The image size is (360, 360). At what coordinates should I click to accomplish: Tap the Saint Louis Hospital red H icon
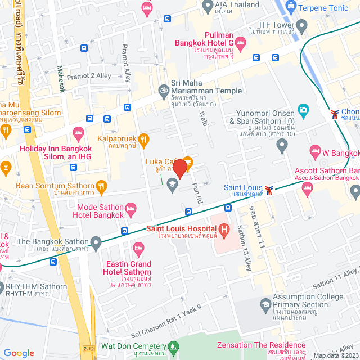coord(224,229)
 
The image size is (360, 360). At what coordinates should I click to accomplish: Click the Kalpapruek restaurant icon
coord(144,138)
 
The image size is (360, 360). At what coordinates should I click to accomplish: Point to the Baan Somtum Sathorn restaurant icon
coord(101,186)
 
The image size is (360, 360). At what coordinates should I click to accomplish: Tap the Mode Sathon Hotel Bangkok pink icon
coord(130,209)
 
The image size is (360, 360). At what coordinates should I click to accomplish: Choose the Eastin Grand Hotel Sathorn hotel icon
coord(138,247)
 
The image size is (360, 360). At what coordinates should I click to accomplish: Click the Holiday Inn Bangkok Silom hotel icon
coord(78,134)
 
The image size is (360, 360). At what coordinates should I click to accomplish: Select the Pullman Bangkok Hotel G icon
coord(240,43)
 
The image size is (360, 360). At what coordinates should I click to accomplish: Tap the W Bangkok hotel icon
coord(315,151)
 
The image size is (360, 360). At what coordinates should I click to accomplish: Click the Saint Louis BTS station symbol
coord(270,190)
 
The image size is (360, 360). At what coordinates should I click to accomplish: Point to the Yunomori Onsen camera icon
coord(303,109)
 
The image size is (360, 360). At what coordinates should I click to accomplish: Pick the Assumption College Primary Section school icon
coord(265,304)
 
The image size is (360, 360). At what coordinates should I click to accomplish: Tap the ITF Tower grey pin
coord(302,25)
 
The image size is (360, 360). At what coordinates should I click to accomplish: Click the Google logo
coord(19,353)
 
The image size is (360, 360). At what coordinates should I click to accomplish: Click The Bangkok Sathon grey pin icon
coord(96,244)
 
